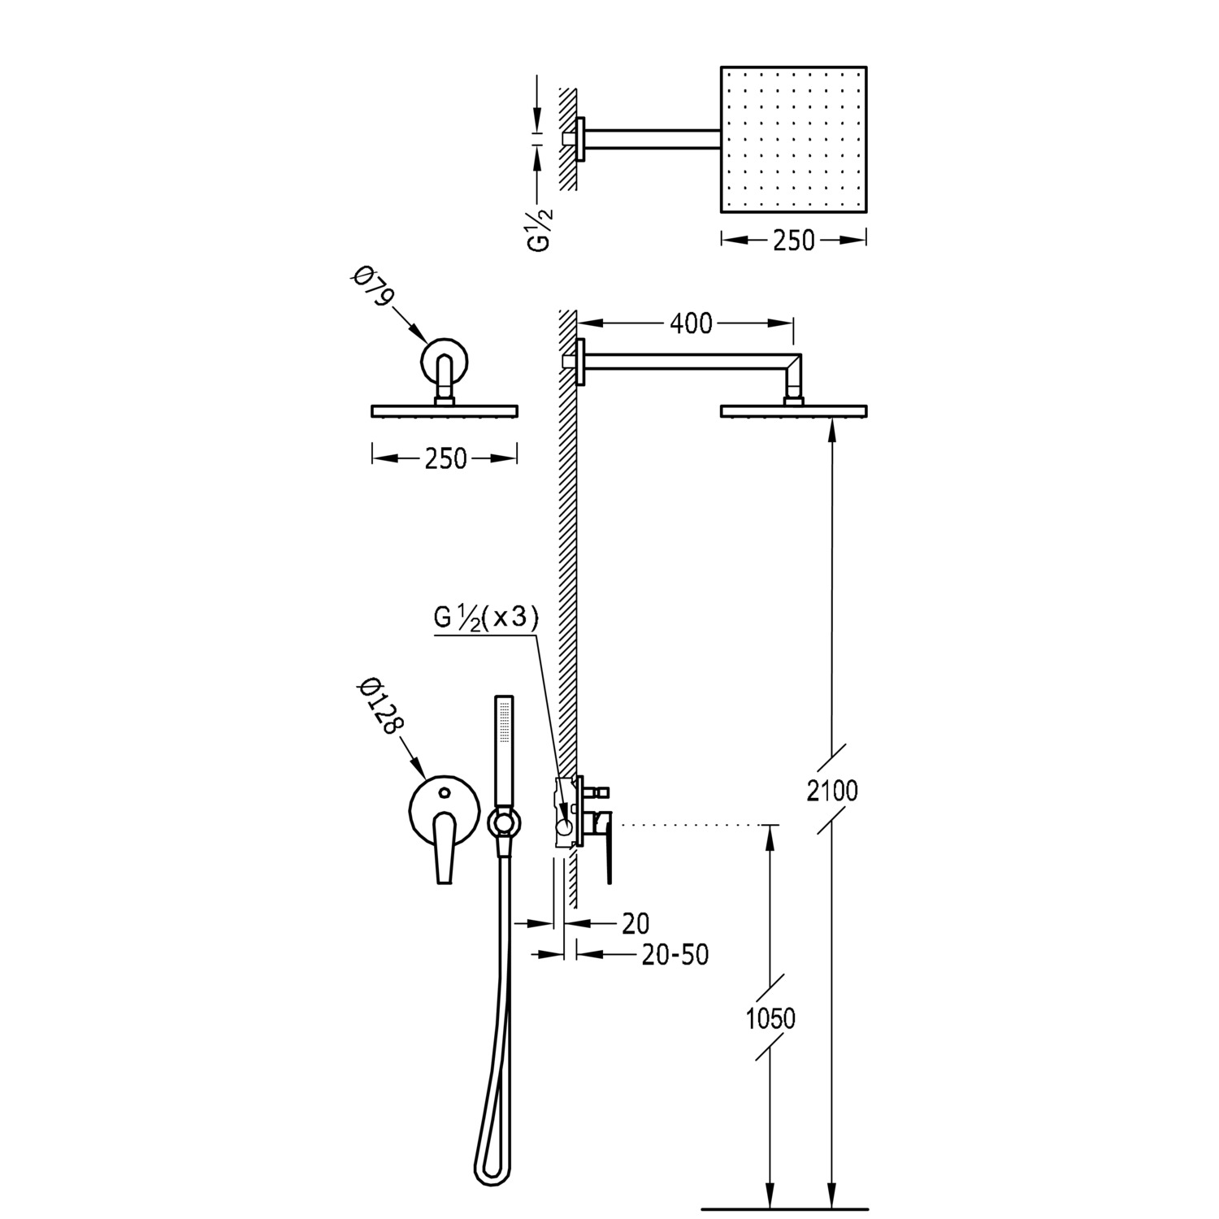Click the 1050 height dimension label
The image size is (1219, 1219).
pos(770,1017)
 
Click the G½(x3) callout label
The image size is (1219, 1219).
pos(486,618)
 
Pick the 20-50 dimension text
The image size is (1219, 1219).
pos(675,954)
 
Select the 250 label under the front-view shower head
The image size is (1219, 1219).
pos(445,459)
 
